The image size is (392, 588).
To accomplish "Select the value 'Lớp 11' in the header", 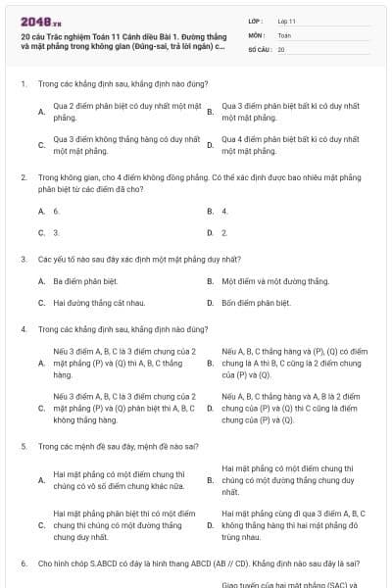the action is pos(286,21).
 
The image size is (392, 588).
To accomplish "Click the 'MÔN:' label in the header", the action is pos(256,34).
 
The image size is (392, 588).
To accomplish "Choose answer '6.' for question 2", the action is pos(56,211).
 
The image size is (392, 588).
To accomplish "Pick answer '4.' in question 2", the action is pos(224,211).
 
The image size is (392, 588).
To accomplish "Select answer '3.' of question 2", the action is pos(56,233).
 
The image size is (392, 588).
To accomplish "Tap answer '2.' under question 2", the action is pos(224,233).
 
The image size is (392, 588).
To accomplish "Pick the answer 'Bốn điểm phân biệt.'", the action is pos(256,303).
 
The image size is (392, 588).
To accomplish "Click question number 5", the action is pos(24,446).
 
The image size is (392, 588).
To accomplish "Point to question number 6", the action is pos(24,564).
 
